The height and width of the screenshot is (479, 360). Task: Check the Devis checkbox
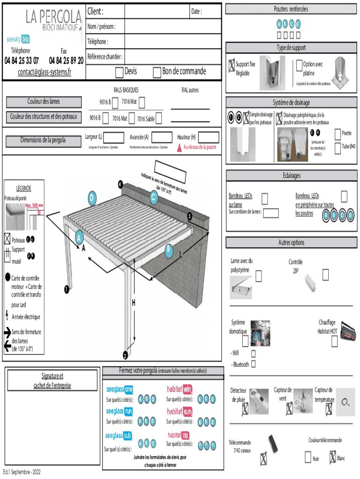click(x=119, y=72)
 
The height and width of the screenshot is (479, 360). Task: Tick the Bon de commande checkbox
click(x=157, y=72)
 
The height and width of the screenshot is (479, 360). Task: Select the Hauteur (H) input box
click(x=208, y=137)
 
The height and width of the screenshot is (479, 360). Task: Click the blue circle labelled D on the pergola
click(x=92, y=199)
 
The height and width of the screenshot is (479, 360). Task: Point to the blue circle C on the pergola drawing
click(x=153, y=198)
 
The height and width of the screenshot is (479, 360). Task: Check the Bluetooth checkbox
click(x=253, y=364)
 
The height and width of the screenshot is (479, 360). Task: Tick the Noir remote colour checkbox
click(x=308, y=456)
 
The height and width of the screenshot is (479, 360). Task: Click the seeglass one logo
click(x=120, y=389)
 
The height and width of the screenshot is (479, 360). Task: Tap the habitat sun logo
click(x=180, y=412)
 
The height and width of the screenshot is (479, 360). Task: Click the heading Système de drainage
click(x=292, y=102)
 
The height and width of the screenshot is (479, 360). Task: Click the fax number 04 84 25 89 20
click(x=66, y=60)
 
